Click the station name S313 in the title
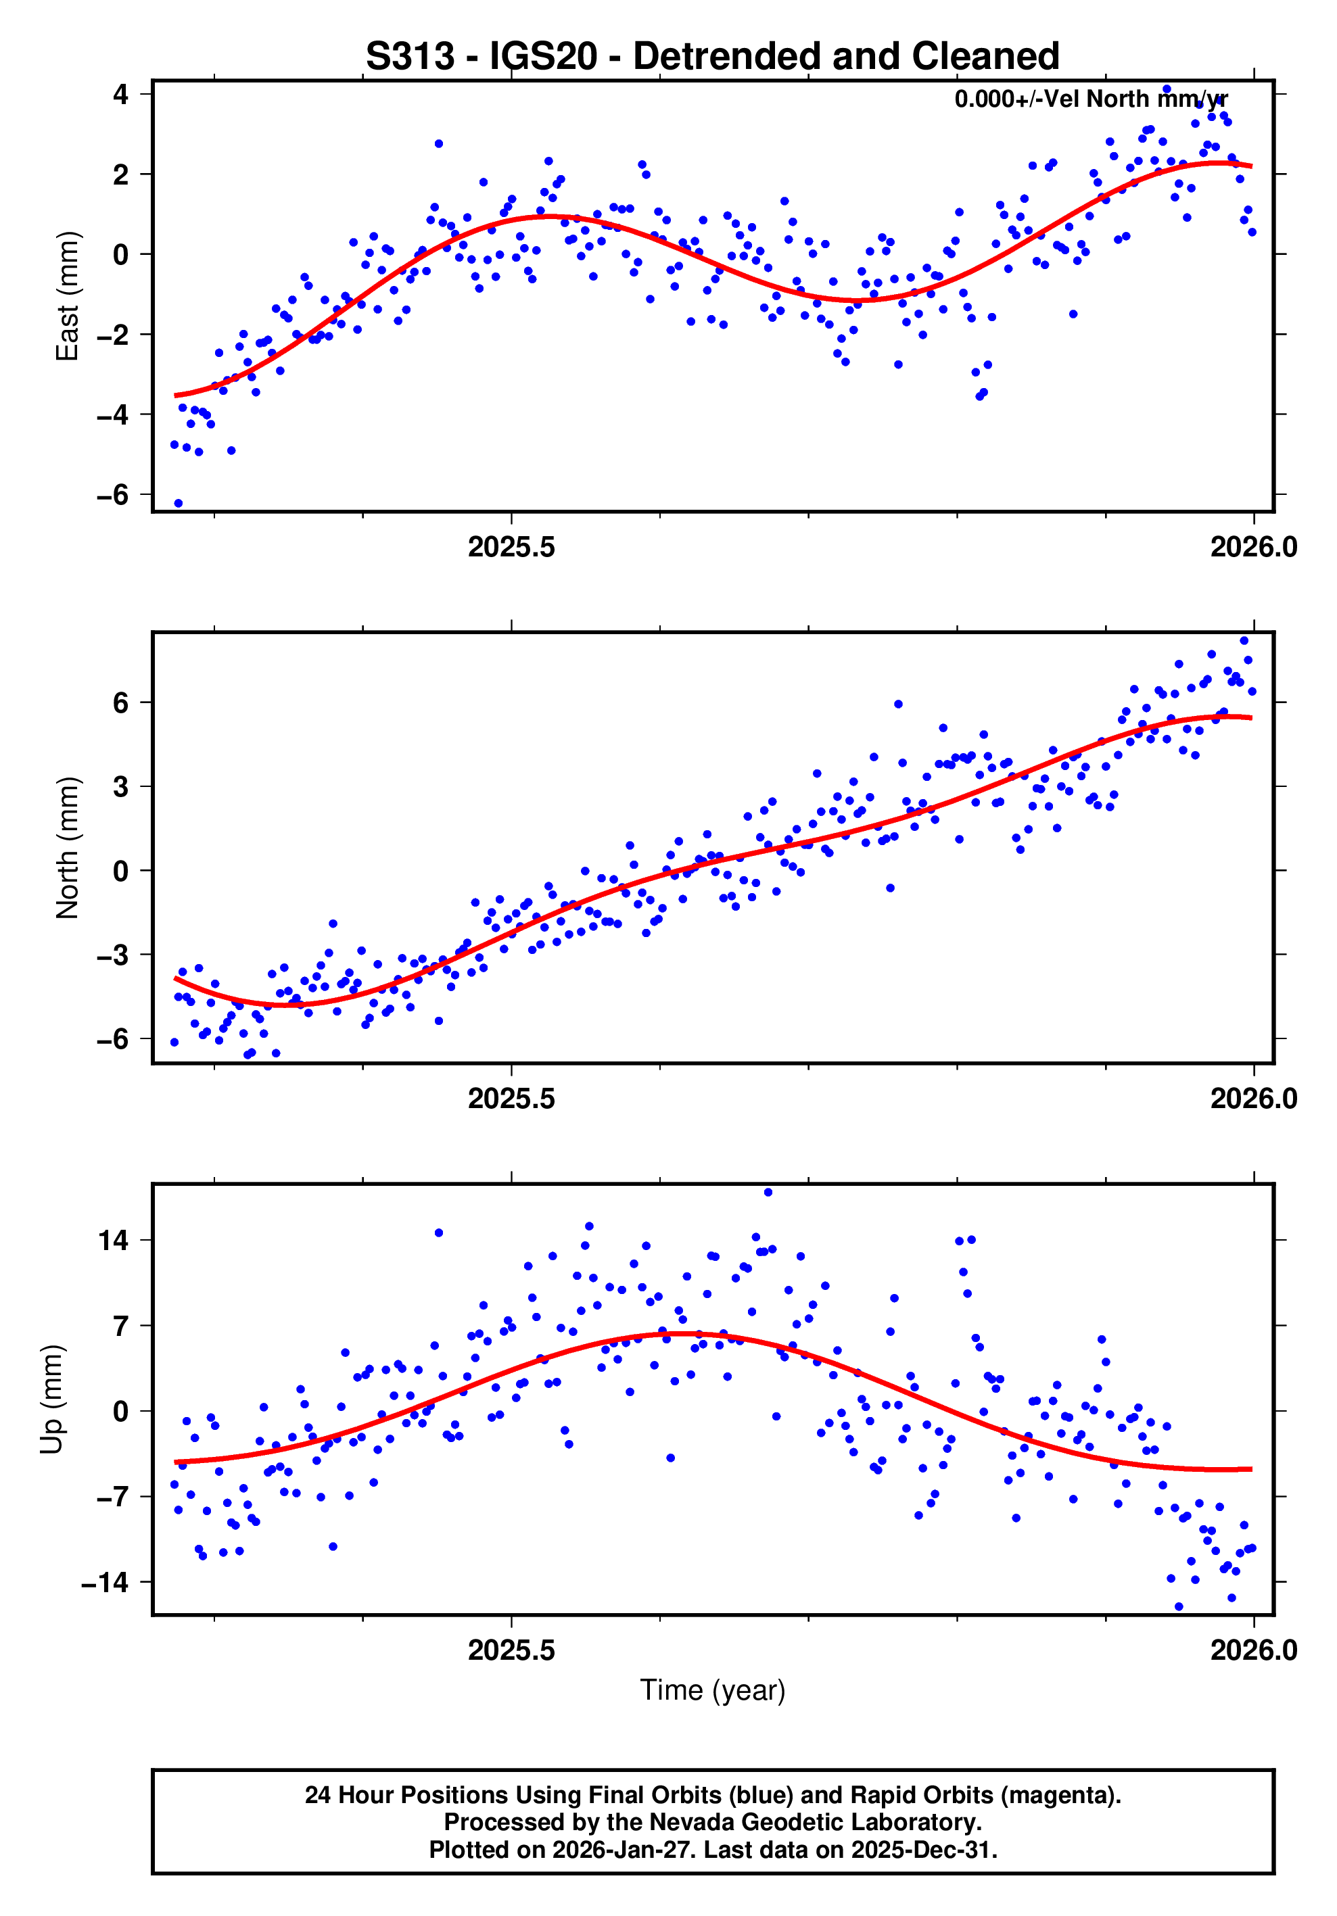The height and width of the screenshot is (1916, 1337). point(411,57)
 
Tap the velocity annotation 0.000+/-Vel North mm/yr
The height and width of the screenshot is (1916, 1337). point(1090,99)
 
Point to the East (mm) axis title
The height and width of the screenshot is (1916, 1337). point(67,296)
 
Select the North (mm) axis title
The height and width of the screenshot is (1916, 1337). point(67,848)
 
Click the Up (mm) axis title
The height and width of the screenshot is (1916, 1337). point(52,1399)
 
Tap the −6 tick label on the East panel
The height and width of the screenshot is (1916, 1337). point(113,495)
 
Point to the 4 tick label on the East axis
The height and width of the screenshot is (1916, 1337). point(121,94)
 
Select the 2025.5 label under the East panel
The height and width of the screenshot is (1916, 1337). point(511,548)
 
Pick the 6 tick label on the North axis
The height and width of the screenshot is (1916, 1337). point(121,702)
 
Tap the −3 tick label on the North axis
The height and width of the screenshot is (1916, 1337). point(113,955)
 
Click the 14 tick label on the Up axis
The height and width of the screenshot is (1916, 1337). point(114,1241)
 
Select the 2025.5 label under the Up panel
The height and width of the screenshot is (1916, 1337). point(511,1650)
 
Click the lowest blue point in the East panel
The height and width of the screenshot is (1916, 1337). point(178,503)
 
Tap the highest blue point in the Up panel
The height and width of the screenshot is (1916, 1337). point(768,1193)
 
